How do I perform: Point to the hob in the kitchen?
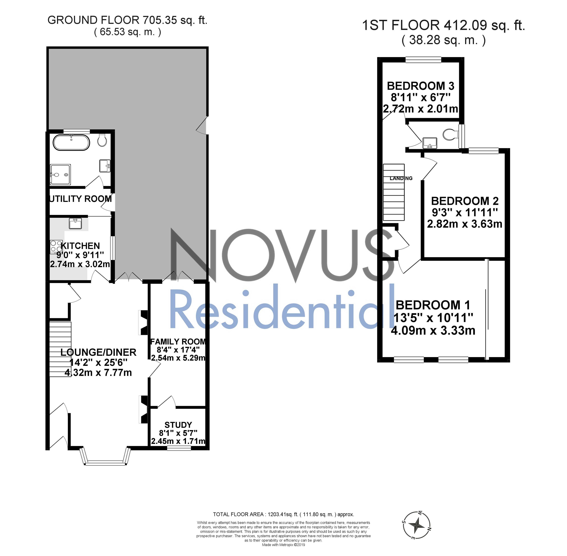coord(56,246)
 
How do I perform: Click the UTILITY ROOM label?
coord(81,199)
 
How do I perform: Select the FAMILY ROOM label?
coord(178,342)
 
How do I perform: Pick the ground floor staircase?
coord(60,349)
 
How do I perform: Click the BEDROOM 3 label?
coord(420,86)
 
